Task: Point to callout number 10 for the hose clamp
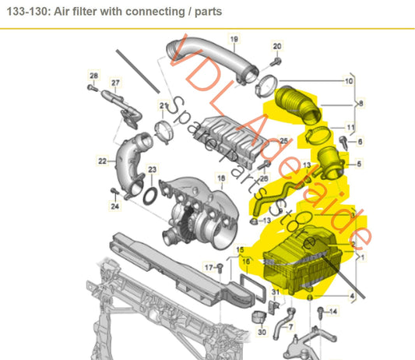click(x=348, y=80)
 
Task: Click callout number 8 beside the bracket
click(x=361, y=102)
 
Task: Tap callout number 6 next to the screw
click(x=360, y=141)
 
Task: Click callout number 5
click(x=359, y=164)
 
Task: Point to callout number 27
click(x=115, y=83)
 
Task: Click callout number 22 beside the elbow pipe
click(x=101, y=161)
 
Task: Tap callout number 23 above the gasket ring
click(x=152, y=170)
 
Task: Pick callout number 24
click(x=114, y=206)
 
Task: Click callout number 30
click(x=261, y=331)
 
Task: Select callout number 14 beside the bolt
click(x=336, y=311)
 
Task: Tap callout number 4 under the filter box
click(x=352, y=296)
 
